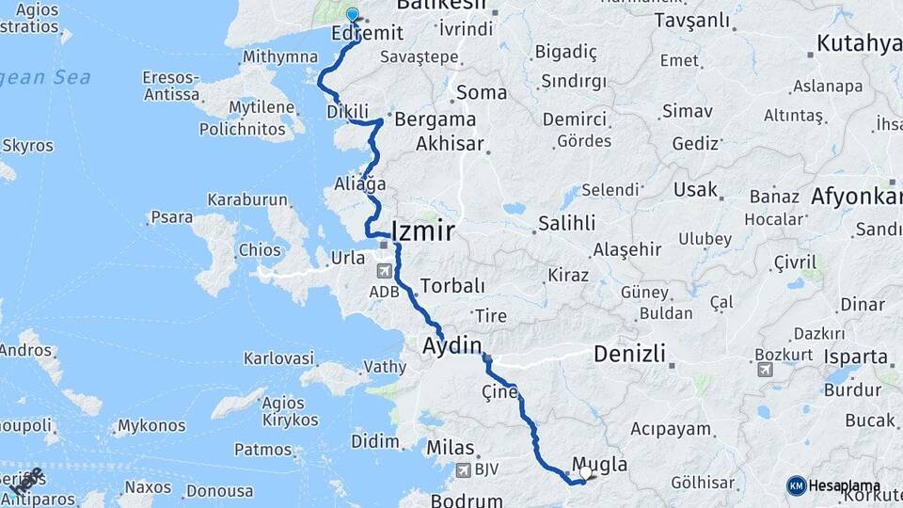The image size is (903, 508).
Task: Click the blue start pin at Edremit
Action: coord(353,14)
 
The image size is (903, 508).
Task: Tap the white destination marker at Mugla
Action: coord(585,473)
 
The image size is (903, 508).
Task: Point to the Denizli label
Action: coord(629,355)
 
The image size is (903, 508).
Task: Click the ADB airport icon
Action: coord(385,271)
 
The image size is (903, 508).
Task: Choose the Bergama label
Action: coord(435,119)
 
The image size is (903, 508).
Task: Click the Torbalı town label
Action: coord(452,285)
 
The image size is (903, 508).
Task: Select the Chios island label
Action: coord(261,251)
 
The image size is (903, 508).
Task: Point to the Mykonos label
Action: coord(150,425)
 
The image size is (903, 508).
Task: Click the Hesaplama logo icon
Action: coord(796,485)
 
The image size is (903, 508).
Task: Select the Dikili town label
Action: coord(346,111)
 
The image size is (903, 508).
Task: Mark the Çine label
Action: coord(499,391)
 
